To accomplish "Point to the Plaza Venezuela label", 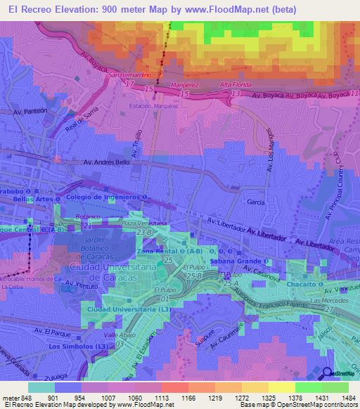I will pyautogui.click(x=144, y=223).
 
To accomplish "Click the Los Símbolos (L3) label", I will pyautogui.click(x=78, y=346).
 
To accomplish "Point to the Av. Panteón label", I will pyautogui.click(x=30, y=111).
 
